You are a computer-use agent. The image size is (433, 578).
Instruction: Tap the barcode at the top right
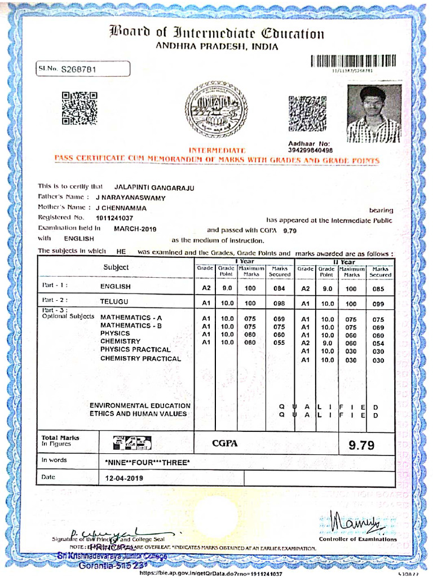point(353,61)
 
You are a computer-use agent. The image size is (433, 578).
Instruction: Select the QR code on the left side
point(79,108)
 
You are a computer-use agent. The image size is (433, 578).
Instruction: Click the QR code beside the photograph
point(307,113)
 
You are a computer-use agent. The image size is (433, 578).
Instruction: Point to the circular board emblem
point(215,110)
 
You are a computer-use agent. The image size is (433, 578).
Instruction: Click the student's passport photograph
point(374,113)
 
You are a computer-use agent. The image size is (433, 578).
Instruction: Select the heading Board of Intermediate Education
point(216,33)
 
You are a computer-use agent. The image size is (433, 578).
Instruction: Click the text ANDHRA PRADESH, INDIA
point(216,47)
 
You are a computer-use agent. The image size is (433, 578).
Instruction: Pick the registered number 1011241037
point(114,218)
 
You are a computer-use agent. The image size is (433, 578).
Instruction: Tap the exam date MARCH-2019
point(135,229)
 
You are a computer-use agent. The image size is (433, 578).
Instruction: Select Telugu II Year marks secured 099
point(378,304)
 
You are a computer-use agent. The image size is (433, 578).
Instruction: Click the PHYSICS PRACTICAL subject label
point(135,349)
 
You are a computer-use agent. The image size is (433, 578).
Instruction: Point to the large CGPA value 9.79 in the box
point(361,445)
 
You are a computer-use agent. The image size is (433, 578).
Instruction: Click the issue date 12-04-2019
point(124,478)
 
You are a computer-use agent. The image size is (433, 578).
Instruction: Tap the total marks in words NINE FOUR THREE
point(148,463)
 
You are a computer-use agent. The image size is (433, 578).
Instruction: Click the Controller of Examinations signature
point(356,522)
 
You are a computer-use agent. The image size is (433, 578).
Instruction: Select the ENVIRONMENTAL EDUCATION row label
point(140,405)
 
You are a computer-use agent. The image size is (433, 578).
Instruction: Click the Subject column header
point(116,268)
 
